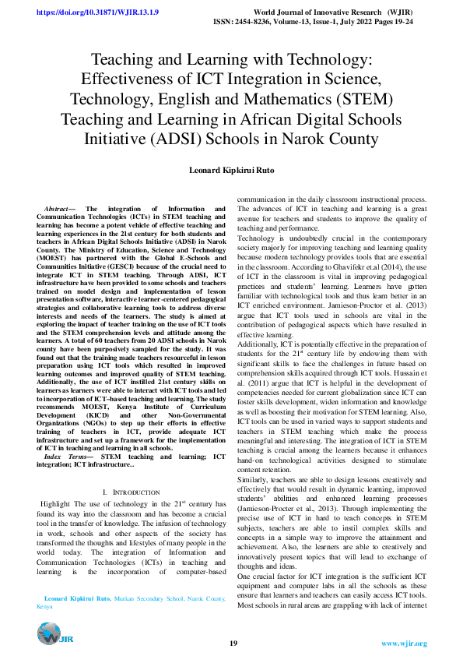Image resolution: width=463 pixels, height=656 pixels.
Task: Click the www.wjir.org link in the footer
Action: click(x=404, y=644)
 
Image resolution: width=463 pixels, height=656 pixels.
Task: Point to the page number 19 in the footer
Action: click(x=233, y=644)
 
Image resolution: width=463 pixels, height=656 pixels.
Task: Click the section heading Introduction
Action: click(x=132, y=471)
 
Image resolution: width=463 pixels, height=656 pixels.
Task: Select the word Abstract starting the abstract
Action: click(x=58, y=210)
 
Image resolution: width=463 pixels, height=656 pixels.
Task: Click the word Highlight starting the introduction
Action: click(x=60, y=483)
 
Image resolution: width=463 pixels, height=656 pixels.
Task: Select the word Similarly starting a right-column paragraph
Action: click(x=255, y=459)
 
